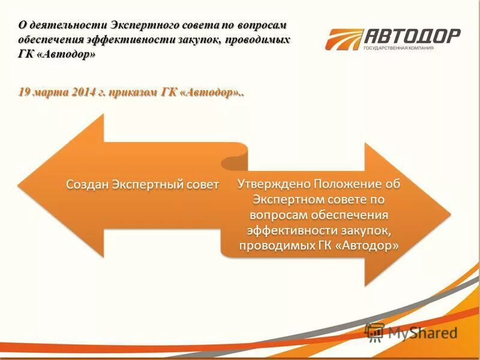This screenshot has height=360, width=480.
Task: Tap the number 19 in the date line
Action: pos(24,92)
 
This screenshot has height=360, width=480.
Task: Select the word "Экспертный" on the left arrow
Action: pos(150,184)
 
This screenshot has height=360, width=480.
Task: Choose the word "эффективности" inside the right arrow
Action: pos(284,230)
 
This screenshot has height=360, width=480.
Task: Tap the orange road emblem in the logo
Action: pos(344,39)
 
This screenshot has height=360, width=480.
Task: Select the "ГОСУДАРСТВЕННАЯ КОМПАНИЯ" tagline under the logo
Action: pos(398,48)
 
